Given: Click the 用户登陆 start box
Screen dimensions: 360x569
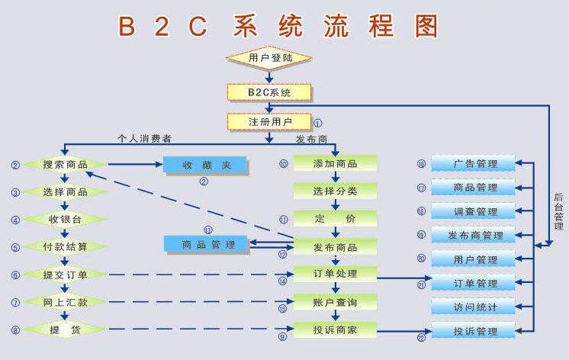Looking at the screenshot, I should [x=269, y=58].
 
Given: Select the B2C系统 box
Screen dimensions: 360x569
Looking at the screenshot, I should [x=269, y=92].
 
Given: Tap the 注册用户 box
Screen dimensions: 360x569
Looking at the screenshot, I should [x=269, y=121].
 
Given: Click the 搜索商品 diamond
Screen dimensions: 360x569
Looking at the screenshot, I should [x=65, y=165].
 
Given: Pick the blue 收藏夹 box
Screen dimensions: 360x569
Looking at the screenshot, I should [x=204, y=165].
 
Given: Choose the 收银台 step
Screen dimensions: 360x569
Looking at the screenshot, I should [x=65, y=220].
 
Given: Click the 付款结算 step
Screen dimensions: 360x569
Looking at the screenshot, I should [x=65, y=247].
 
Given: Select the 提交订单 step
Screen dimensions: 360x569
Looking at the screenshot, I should [x=65, y=275].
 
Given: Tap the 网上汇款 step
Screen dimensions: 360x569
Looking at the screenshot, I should [x=65, y=302].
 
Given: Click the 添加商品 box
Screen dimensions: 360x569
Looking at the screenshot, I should [x=335, y=165].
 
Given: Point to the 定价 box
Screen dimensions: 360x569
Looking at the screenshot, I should [x=335, y=219].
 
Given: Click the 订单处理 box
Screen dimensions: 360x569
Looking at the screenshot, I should [x=335, y=274].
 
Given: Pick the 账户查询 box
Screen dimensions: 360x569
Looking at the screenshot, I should [x=335, y=303].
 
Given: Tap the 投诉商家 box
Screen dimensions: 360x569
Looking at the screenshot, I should [x=335, y=329].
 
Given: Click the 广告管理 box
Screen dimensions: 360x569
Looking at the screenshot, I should [x=474, y=164].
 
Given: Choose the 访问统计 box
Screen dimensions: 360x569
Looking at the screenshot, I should [x=474, y=307].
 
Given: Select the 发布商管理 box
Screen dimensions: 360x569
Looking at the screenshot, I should [x=474, y=236].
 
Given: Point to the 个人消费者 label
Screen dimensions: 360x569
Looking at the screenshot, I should [x=144, y=139].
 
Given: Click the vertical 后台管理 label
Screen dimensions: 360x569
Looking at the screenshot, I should [x=559, y=211].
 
